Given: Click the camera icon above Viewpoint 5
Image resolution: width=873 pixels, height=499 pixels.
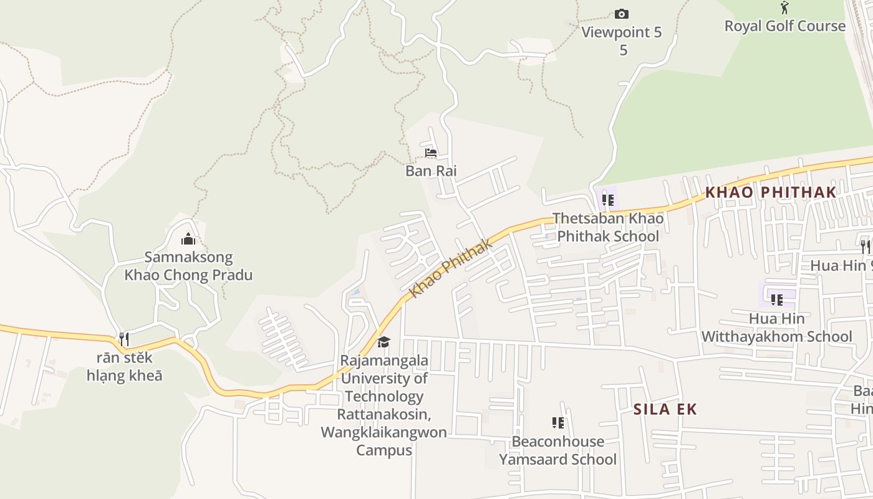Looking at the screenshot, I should pos(622,14).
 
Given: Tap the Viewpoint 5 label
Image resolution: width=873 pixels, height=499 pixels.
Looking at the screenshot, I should pos(622,32).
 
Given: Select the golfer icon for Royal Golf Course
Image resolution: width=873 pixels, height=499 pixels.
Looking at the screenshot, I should pos(784,8).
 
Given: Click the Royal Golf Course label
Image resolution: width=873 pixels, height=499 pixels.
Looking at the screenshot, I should pos(784,26).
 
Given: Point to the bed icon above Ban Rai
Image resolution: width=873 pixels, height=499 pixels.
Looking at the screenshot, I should pos(430,152).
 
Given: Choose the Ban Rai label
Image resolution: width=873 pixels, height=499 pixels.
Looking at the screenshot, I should pos(431,171).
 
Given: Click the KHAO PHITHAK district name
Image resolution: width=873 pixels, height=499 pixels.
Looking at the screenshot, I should pos(770,192).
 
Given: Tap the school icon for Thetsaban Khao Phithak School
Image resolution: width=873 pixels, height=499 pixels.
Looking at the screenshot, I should pos(608,200).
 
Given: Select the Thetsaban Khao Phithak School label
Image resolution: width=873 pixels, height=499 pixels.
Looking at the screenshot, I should pos(608,228).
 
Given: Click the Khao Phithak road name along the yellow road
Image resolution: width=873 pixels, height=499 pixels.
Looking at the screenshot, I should pos(451,268).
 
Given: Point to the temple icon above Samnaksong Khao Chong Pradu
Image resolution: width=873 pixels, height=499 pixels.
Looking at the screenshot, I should pos(188,239).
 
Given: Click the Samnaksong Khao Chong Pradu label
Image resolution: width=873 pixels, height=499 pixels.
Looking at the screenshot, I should pos(188,266).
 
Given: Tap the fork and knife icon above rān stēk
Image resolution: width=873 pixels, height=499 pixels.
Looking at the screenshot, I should pos(124,339).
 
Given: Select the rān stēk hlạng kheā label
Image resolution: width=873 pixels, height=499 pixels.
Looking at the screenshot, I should pos(124,367).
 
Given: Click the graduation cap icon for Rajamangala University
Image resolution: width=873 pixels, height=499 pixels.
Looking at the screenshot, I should pos(384,342).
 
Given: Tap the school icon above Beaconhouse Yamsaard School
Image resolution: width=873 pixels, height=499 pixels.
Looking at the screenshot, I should pos(558,423).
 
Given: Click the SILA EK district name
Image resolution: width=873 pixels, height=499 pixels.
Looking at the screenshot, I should pos(665,409).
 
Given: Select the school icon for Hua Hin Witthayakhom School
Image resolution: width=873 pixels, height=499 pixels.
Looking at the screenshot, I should pos(777,300).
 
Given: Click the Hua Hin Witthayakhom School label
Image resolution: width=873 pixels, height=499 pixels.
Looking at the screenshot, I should pos(777,327).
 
